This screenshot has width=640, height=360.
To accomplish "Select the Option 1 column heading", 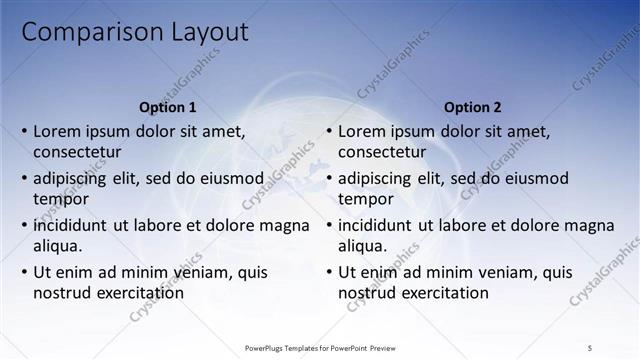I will (167, 107).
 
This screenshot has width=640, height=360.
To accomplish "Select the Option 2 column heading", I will (472, 107).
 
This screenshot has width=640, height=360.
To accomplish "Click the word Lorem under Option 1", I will (57, 131).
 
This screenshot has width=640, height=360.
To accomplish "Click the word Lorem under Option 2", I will (362, 131).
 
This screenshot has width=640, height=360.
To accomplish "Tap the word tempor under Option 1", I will (62, 199).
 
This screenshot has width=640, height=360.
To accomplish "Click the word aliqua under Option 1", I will (57, 246).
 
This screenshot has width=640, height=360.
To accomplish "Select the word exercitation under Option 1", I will (138, 293).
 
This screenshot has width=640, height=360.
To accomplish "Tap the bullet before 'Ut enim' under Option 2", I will (328, 272).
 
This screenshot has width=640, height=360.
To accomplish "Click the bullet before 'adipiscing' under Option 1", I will (23, 179).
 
